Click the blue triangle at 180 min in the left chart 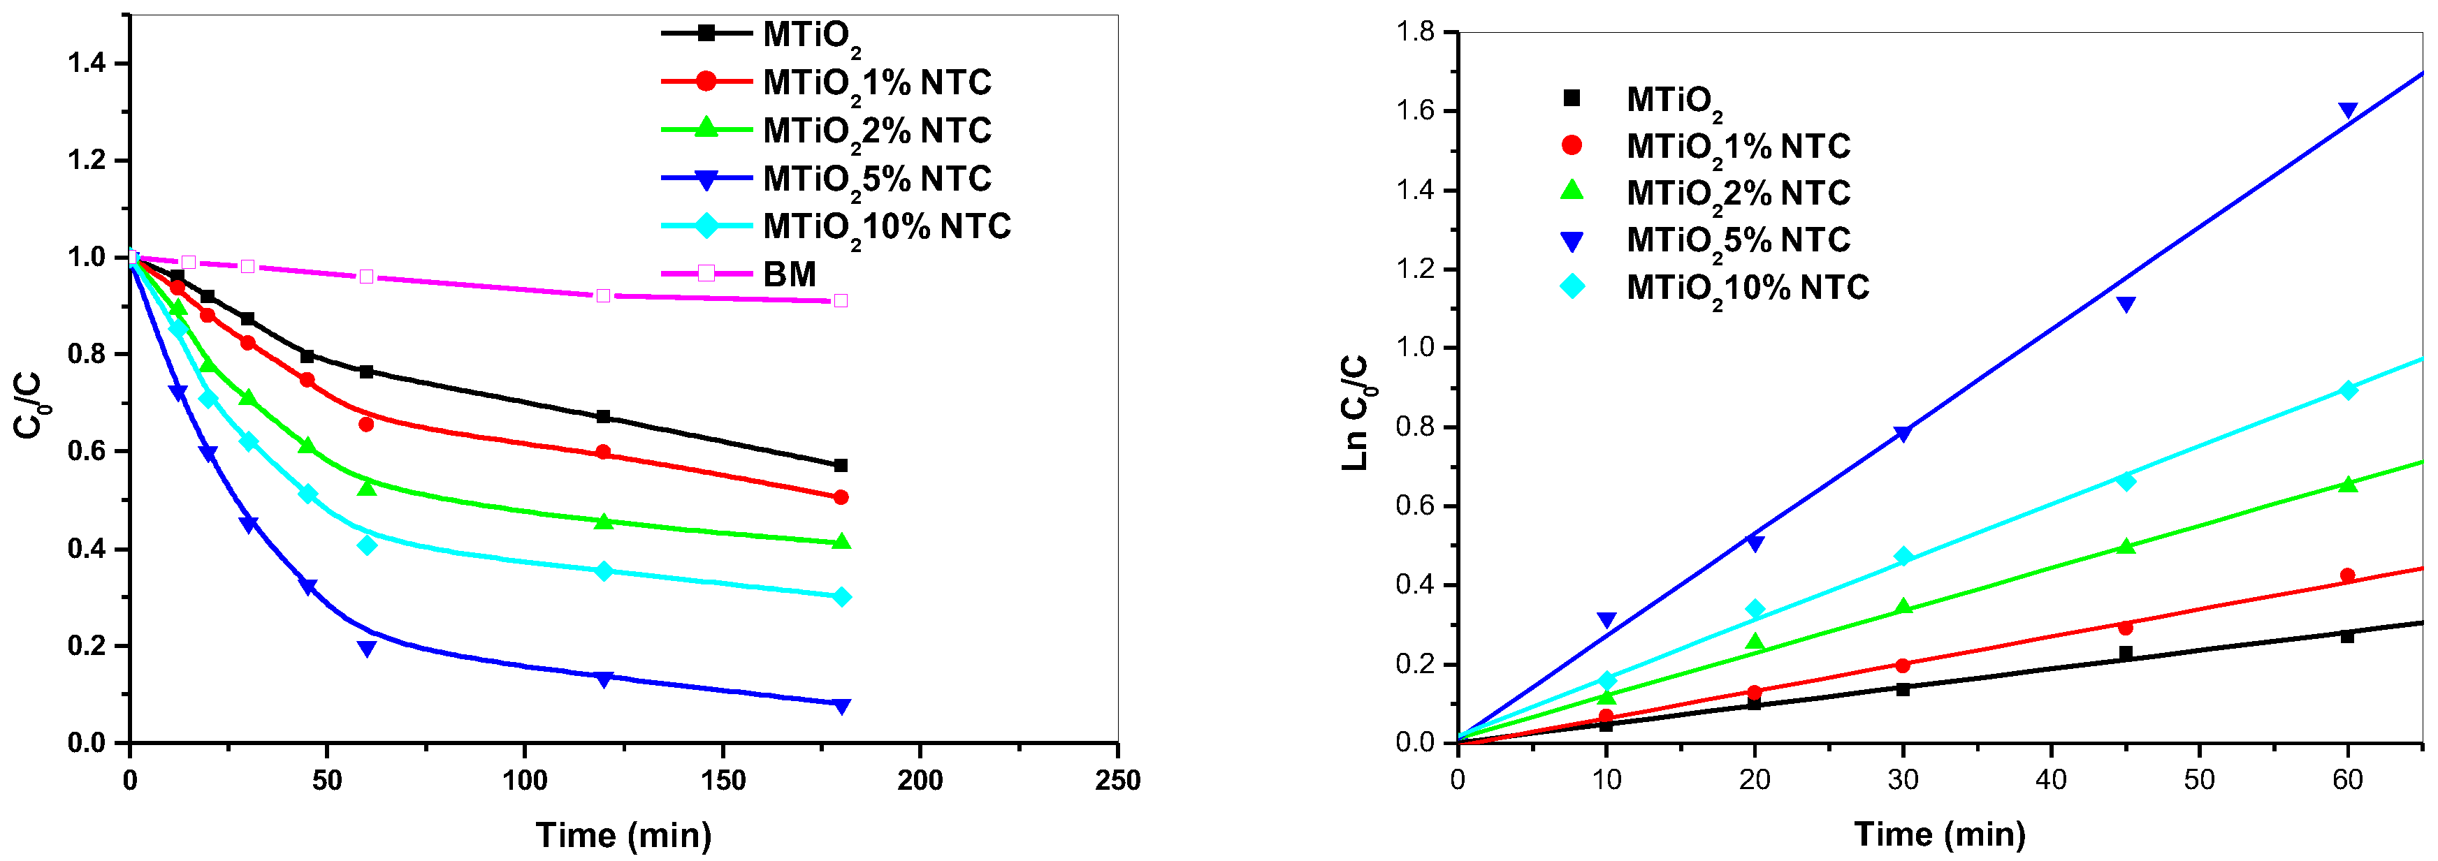coord(841,706)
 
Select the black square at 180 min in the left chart coord(841,466)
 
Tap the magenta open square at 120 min coord(603,296)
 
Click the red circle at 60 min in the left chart coord(366,425)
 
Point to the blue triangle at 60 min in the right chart coord(2347,111)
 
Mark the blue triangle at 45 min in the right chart coord(2126,304)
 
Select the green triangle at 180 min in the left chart coord(841,541)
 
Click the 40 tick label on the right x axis coord(2051,781)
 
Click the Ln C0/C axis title coord(1356,413)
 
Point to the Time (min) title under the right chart coord(1939,835)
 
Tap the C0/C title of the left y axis coord(29,405)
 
